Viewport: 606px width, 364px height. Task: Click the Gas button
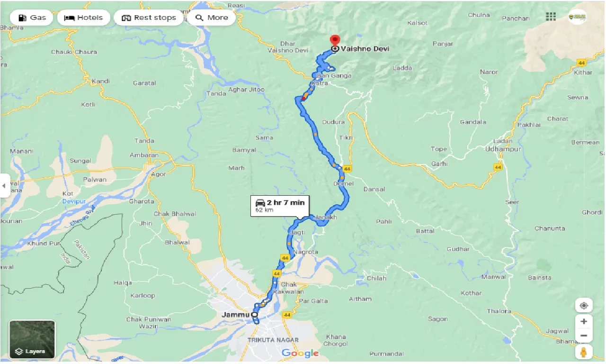tap(32, 18)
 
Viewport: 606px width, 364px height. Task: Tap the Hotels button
tap(84, 18)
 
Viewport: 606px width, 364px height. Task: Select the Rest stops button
tap(149, 18)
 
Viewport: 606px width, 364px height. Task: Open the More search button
tap(212, 18)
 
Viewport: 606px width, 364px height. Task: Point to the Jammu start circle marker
tap(254, 314)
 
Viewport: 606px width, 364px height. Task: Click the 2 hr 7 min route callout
tap(279, 206)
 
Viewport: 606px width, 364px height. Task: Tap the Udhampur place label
tap(503, 149)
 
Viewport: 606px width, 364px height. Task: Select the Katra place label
tap(320, 83)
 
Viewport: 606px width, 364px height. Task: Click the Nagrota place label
tap(305, 252)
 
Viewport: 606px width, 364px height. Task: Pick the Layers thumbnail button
tap(32, 339)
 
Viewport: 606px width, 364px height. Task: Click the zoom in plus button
tap(584, 321)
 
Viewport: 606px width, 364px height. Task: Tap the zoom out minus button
tap(584, 336)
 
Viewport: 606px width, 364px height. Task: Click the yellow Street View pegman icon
tap(584, 353)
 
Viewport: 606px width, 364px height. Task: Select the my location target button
tap(584, 305)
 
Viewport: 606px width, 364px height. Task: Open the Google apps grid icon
tap(551, 17)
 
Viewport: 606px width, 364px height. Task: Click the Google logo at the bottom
tap(300, 353)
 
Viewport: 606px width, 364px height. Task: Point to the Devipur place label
tap(75, 201)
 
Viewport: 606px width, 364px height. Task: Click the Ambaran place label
tap(144, 155)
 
